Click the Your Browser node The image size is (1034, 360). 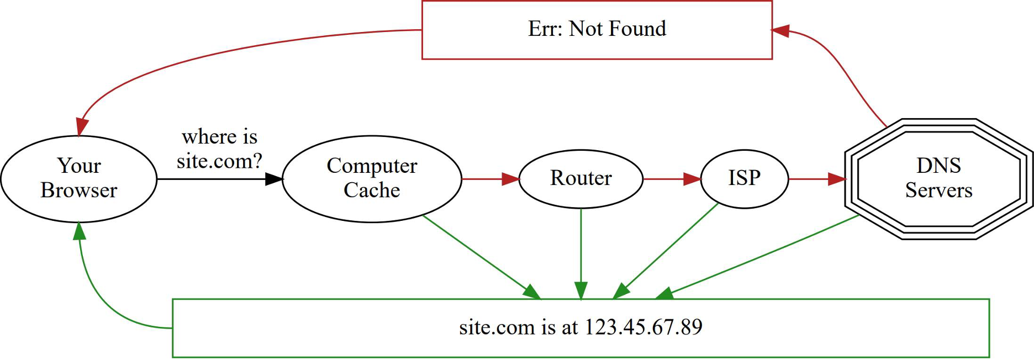point(78,178)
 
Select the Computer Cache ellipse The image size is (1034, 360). point(372,178)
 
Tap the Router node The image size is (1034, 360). point(581,178)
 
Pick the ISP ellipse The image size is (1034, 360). point(744,178)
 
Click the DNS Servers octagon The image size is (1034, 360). point(938,178)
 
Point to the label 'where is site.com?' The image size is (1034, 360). point(219,149)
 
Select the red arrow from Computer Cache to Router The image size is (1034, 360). point(489,179)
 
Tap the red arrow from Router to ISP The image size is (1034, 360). point(671,179)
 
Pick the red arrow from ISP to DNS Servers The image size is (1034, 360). point(816,179)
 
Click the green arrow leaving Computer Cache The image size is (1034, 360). point(481,257)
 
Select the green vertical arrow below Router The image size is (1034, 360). point(581,254)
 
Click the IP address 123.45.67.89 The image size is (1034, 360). point(643,327)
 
